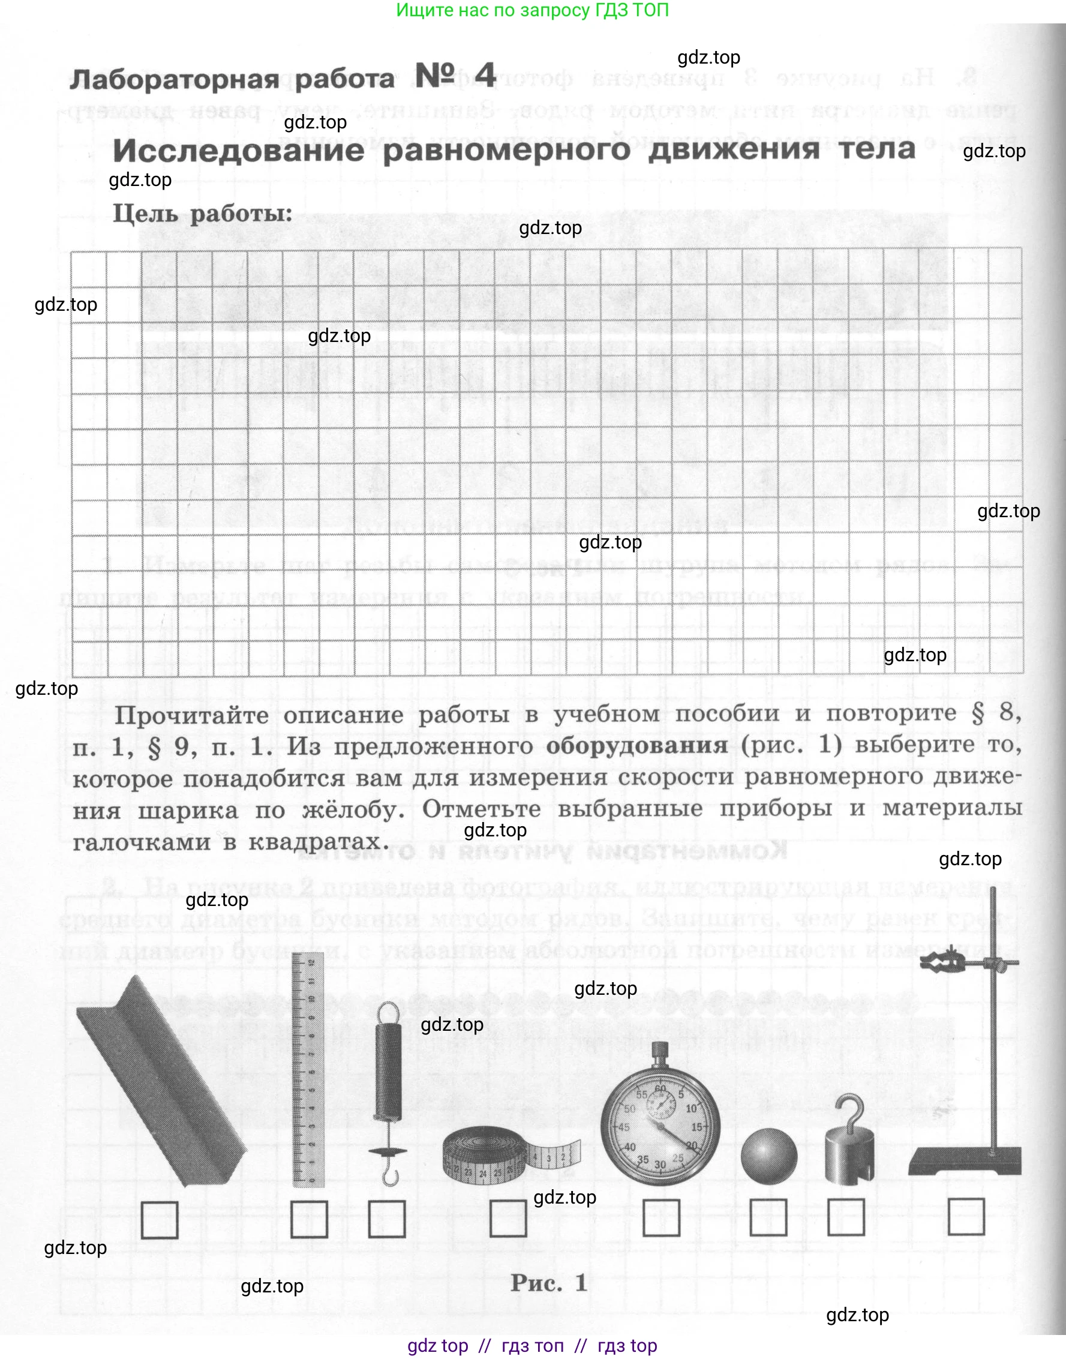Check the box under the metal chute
(x=159, y=1220)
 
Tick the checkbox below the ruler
(x=309, y=1220)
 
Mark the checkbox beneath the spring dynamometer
(x=386, y=1219)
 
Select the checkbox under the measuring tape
(x=508, y=1219)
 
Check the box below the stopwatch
(x=661, y=1218)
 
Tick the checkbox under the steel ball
(x=768, y=1217)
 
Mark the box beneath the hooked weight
(x=846, y=1217)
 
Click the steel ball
(x=769, y=1156)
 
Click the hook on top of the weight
(x=852, y=1111)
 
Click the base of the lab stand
(x=964, y=1162)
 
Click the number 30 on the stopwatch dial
(x=660, y=1164)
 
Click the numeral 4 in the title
(x=485, y=76)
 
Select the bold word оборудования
(x=636, y=745)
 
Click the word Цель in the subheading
(x=146, y=214)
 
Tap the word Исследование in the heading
(x=238, y=151)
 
